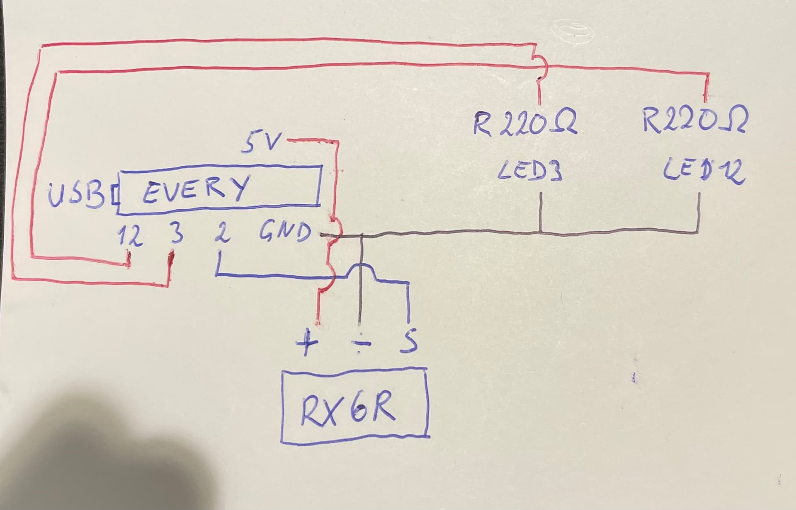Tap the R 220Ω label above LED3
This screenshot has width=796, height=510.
tap(525, 121)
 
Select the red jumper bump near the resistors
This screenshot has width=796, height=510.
tap(541, 63)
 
